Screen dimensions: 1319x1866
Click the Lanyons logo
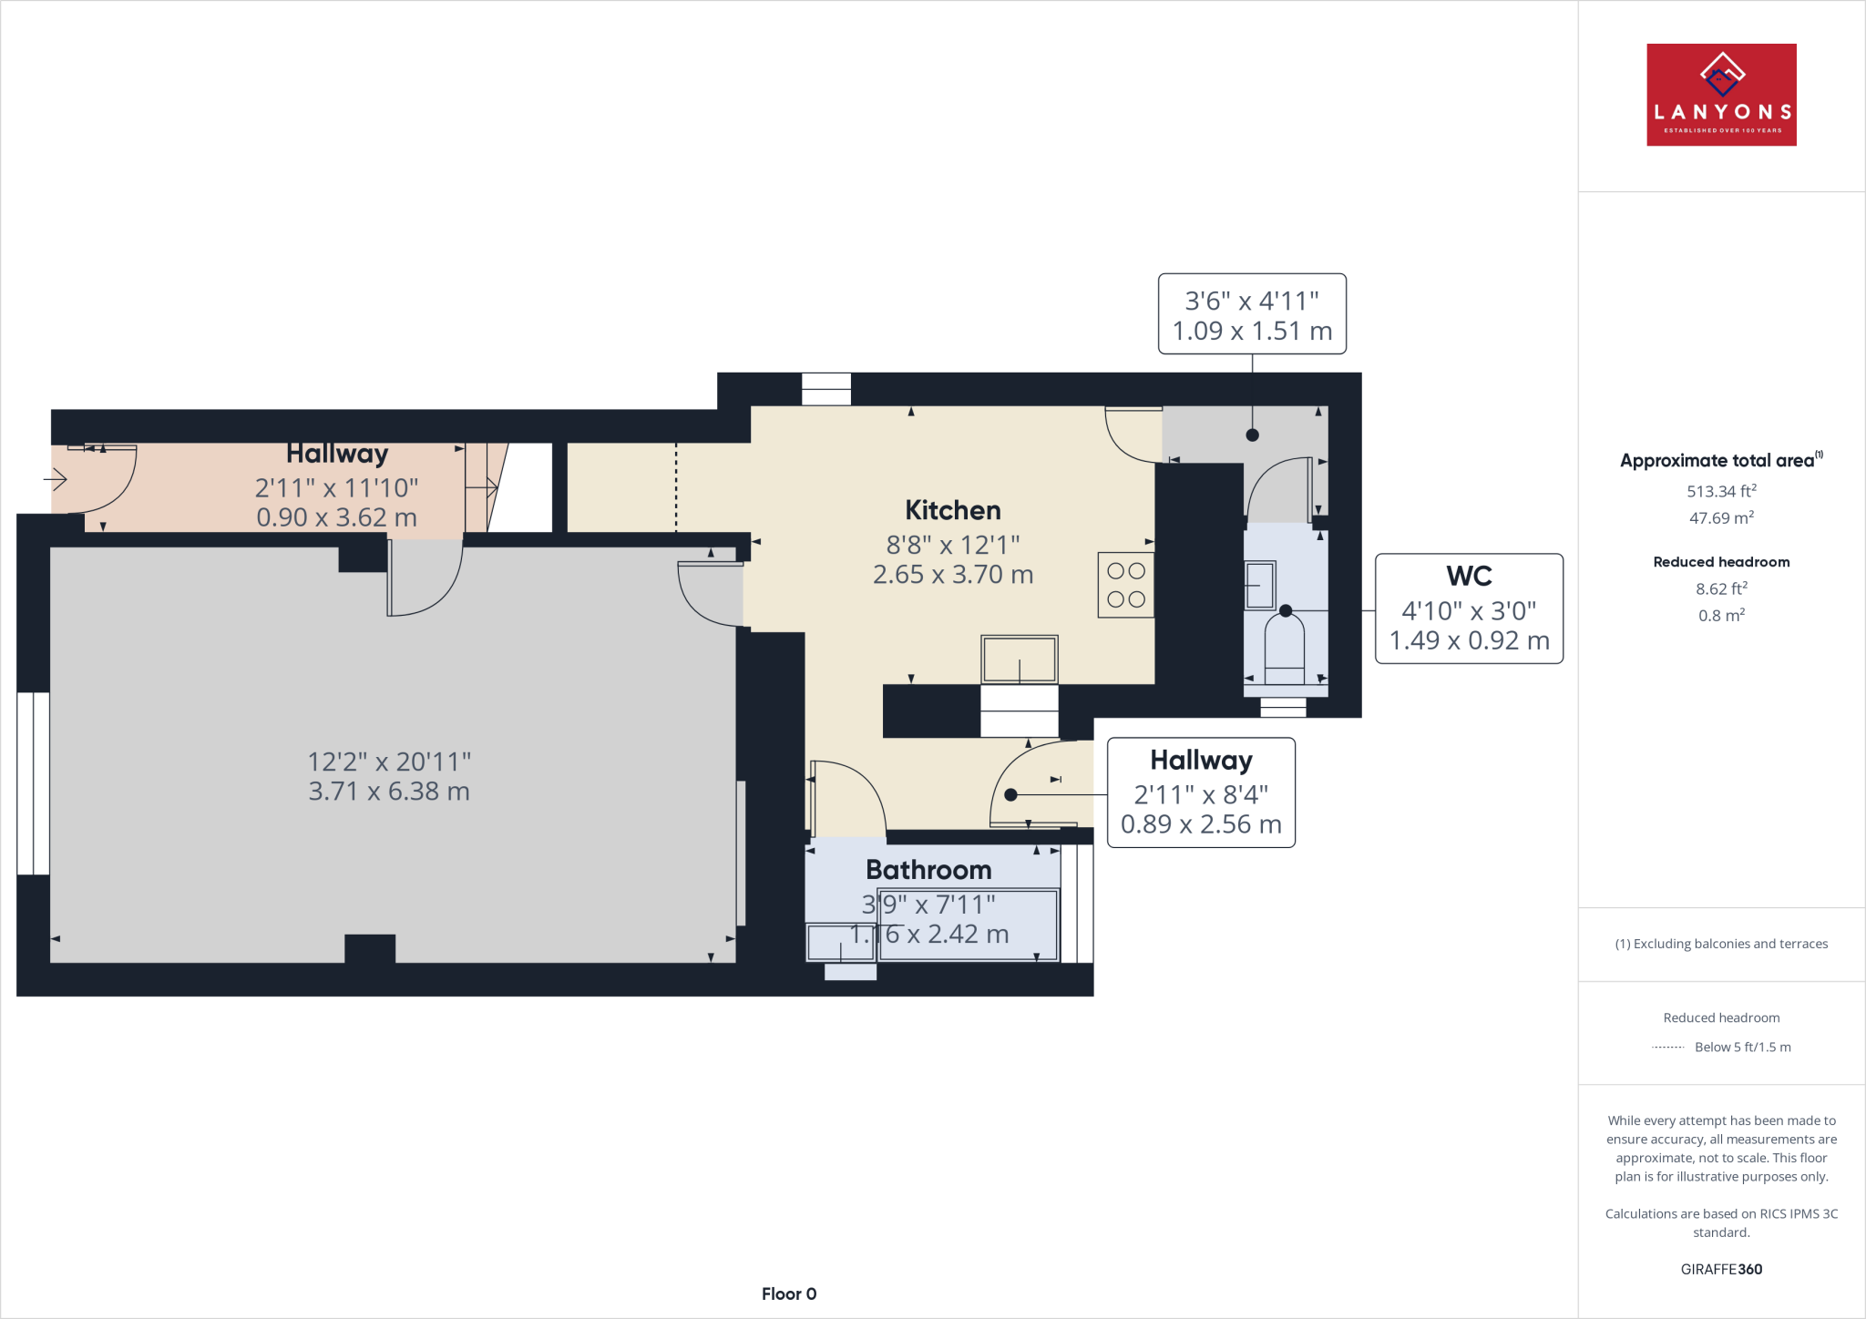pos(1721,95)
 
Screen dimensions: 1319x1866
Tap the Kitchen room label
pos(953,510)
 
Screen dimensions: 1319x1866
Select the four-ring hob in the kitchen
pos(1126,585)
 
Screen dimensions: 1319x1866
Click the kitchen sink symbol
pos(1019,659)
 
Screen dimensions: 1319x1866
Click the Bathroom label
pos(928,870)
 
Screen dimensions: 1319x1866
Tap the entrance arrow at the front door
pos(56,478)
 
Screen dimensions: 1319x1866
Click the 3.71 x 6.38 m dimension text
pos(389,792)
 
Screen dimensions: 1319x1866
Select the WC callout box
pos(1469,608)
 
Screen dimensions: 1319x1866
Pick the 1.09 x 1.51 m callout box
pos(1252,314)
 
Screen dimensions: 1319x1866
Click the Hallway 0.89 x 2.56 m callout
pos(1201,792)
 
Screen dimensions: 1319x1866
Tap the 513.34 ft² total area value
pos(1721,491)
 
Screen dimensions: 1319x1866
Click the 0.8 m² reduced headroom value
pos(1721,616)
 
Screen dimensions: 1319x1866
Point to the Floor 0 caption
pos(789,1293)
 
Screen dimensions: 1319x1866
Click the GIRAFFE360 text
pos(1721,1269)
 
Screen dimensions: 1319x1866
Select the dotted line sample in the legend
pos(1668,1048)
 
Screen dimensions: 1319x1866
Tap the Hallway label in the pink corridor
pos(337,454)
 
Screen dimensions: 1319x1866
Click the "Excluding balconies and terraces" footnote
pos(1721,944)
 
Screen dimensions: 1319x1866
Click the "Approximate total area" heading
pos(1718,461)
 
